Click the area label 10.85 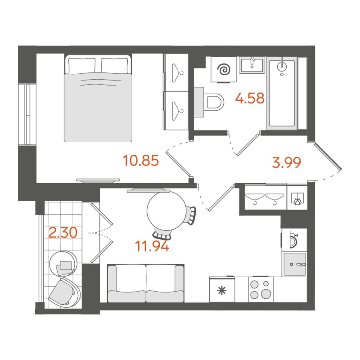[x=141, y=160]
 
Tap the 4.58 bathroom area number [x=250, y=98]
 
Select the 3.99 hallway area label [x=286, y=162]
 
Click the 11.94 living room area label [x=152, y=246]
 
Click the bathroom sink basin [x=252, y=65]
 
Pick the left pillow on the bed [x=82, y=65]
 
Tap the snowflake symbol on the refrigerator [x=222, y=291]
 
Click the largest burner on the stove [x=266, y=293]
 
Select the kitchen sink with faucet [x=295, y=264]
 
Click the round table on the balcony [x=63, y=263]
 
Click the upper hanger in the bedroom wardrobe [x=177, y=73]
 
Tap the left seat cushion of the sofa [x=126, y=296]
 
